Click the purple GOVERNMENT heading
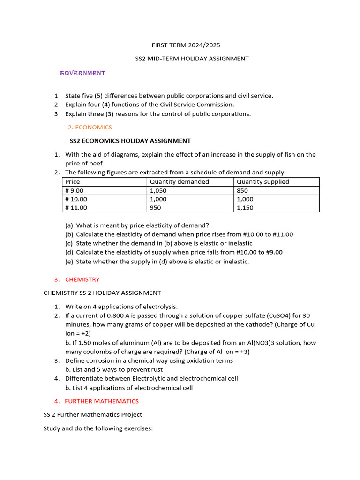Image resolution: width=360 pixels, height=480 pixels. click(82, 73)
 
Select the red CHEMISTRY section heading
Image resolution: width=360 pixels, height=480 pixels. click(82, 279)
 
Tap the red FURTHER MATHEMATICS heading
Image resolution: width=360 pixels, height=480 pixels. click(102, 401)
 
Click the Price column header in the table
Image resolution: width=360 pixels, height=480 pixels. click(73, 182)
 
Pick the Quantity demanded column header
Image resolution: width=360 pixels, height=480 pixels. click(179, 182)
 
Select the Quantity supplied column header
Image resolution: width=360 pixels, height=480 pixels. click(263, 182)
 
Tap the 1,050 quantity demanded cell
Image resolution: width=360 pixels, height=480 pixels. click(158, 191)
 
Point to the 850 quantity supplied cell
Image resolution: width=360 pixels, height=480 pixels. click(242, 191)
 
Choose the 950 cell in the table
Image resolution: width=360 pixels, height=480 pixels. click(155, 208)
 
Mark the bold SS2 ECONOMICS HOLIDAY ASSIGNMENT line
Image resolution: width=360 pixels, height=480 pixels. click(130, 141)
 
